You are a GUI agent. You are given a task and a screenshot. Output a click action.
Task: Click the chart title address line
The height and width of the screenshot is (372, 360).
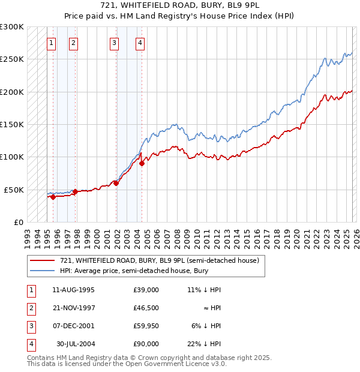(x=179, y=5)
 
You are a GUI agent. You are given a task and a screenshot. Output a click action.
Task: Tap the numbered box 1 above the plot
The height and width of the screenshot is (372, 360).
(x=52, y=43)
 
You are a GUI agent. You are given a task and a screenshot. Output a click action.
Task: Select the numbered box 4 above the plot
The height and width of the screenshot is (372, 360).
(x=139, y=43)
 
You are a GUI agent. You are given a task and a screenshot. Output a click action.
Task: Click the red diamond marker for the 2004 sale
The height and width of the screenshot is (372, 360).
(x=142, y=163)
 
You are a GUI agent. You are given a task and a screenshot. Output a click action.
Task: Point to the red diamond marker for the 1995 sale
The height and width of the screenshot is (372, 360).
(x=53, y=196)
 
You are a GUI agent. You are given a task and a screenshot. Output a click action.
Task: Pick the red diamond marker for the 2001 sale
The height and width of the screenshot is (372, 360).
(x=116, y=183)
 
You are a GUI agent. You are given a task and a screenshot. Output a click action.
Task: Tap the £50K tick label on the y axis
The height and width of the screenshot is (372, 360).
(x=14, y=190)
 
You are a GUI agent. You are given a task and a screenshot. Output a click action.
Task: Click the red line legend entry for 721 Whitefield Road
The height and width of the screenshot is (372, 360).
(x=159, y=260)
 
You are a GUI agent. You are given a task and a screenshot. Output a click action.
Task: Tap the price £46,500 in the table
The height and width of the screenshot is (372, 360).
(x=146, y=308)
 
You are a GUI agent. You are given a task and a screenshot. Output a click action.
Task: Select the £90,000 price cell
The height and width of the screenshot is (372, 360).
(x=146, y=344)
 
